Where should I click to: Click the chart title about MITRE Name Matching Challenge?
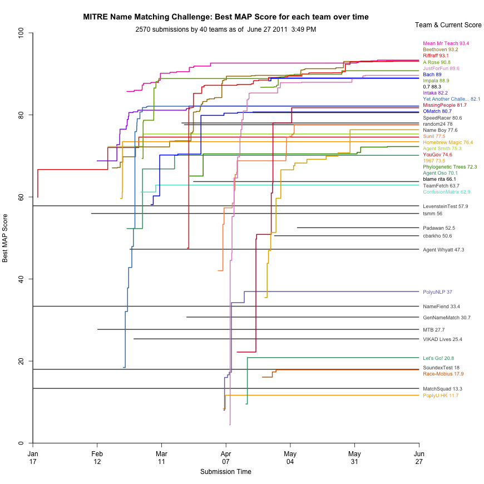(225, 17)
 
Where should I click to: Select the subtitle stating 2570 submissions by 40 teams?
(225, 29)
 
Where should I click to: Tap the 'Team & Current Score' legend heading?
(448, 25)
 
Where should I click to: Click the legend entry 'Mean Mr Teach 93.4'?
(446, 43)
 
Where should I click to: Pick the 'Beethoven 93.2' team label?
(441, 50)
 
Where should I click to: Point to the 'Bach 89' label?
(432, 75)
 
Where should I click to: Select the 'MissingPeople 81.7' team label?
(445, 105)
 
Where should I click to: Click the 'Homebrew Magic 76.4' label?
(448, 142)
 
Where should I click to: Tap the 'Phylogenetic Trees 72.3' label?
(450, 167)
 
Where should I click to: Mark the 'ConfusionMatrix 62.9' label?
(446, 192)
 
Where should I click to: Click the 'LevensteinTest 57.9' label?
(445, 206)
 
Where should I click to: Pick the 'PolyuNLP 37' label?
(437, 292)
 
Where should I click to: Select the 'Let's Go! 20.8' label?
(438, 358)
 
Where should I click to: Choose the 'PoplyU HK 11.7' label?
(441, 396)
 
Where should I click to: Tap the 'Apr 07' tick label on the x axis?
(225, 458)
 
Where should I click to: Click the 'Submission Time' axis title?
(225, 472)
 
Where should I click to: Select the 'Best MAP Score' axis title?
(6, 238)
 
